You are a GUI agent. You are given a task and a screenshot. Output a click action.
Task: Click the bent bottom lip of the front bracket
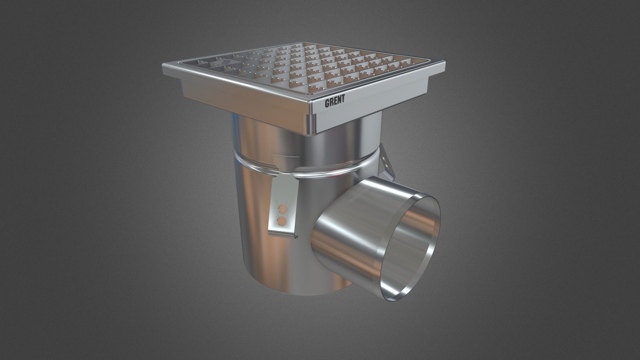(283, 235)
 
